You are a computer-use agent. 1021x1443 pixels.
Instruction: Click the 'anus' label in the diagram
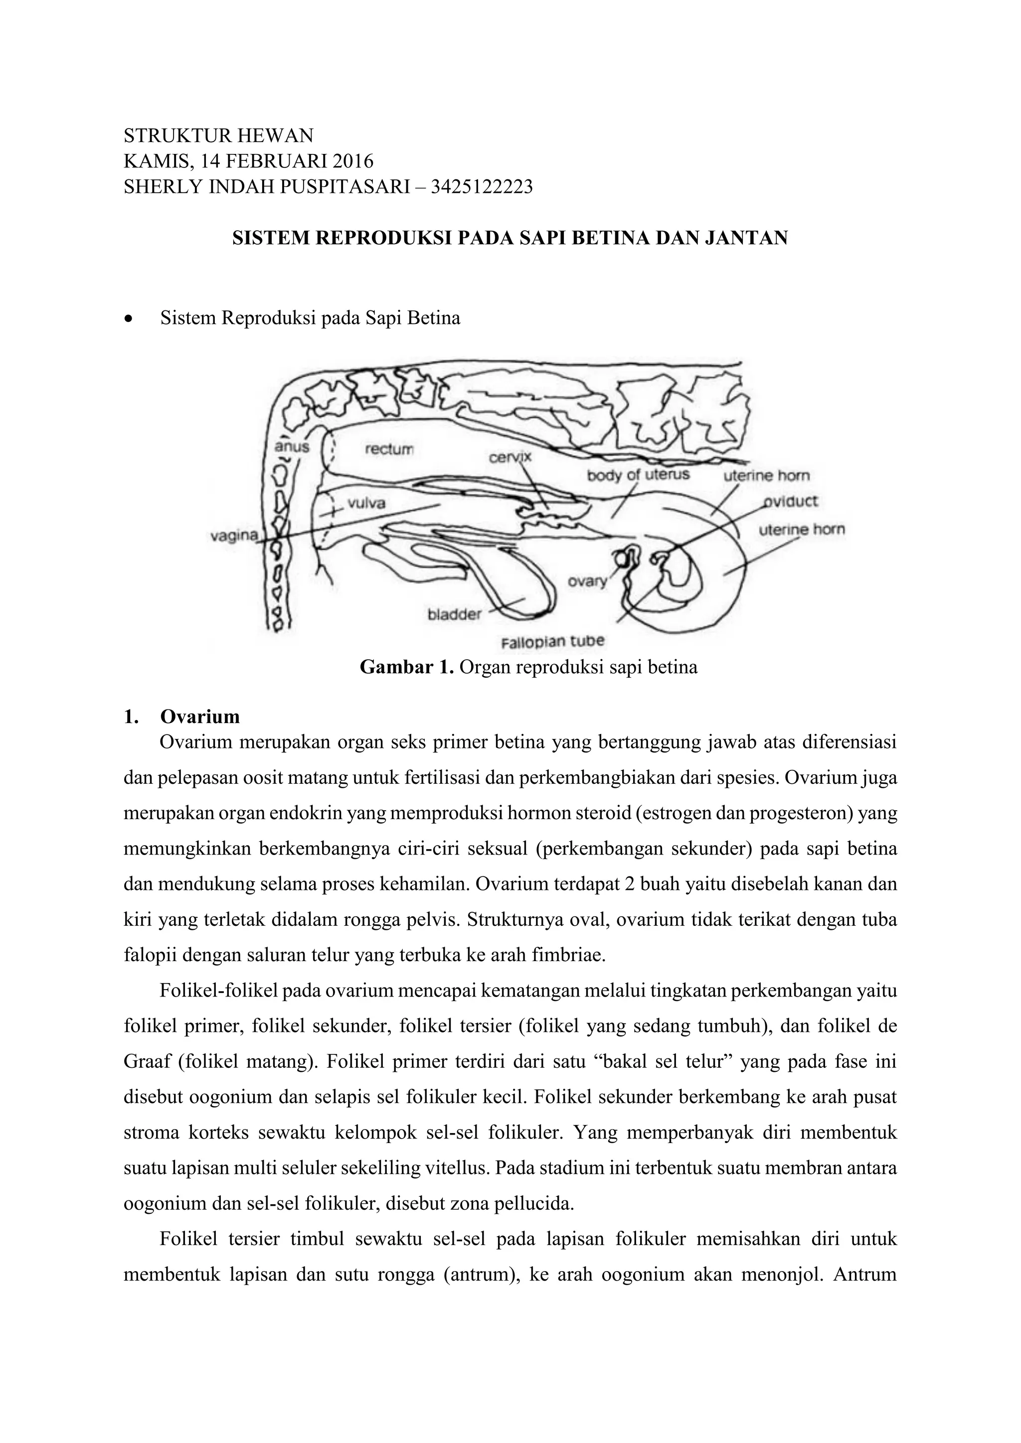pyautogui.click(x=292, y=447)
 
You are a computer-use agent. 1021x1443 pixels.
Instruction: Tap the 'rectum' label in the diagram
pyautogui.click(x=389, y=449)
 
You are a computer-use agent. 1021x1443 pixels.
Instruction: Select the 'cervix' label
pyautogui.click(x=510, y=457)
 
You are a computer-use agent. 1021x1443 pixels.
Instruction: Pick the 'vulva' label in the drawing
pyautogui.click(x=366, y=503)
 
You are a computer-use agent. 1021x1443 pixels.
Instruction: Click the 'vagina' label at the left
pyautogui.click(x=233, y=536)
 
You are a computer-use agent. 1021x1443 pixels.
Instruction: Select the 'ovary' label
pyautogui.click(x=587, y=581)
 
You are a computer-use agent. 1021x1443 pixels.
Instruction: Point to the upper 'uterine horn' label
pyautogui.click(x=766, y=476)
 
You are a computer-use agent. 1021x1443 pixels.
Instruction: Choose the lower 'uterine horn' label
pyautogui.click(x=802, y=529)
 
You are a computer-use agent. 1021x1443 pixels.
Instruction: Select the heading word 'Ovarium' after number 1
pyautogui.click(x=200, y=717)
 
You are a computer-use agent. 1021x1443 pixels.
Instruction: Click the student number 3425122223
pyautogui.click(x=481, y=187)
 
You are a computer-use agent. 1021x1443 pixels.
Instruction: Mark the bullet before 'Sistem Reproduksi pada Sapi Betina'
pyautogui.click(x=129, y=318)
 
